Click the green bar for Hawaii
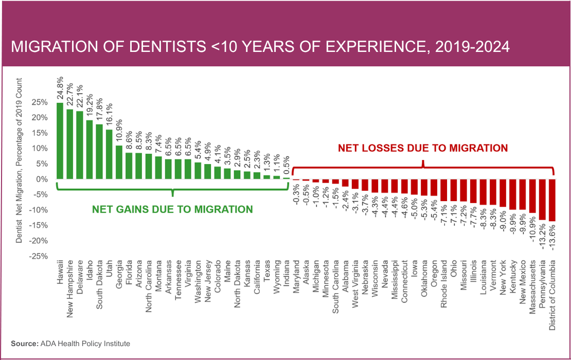coord(60,140)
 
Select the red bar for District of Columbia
coord(552,200)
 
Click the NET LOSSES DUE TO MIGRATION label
coord(422,148)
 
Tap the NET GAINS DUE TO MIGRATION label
coord(172,209)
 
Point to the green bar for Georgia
coord(119,162)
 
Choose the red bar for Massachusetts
coord(532,196)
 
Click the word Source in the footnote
coord(24,343)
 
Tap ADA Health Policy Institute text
coord(85,343)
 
